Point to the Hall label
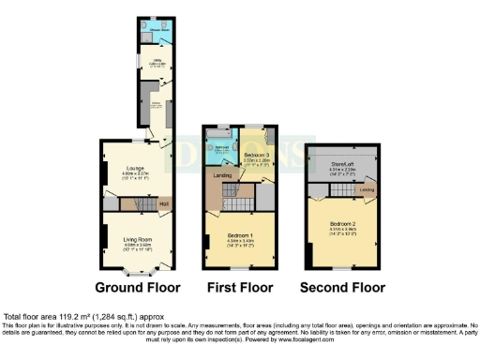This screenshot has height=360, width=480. [163, 204]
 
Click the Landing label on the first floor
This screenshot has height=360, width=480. [221, 174]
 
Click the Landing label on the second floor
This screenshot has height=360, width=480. [367, 190]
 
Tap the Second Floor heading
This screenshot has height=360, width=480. [344, 287]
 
